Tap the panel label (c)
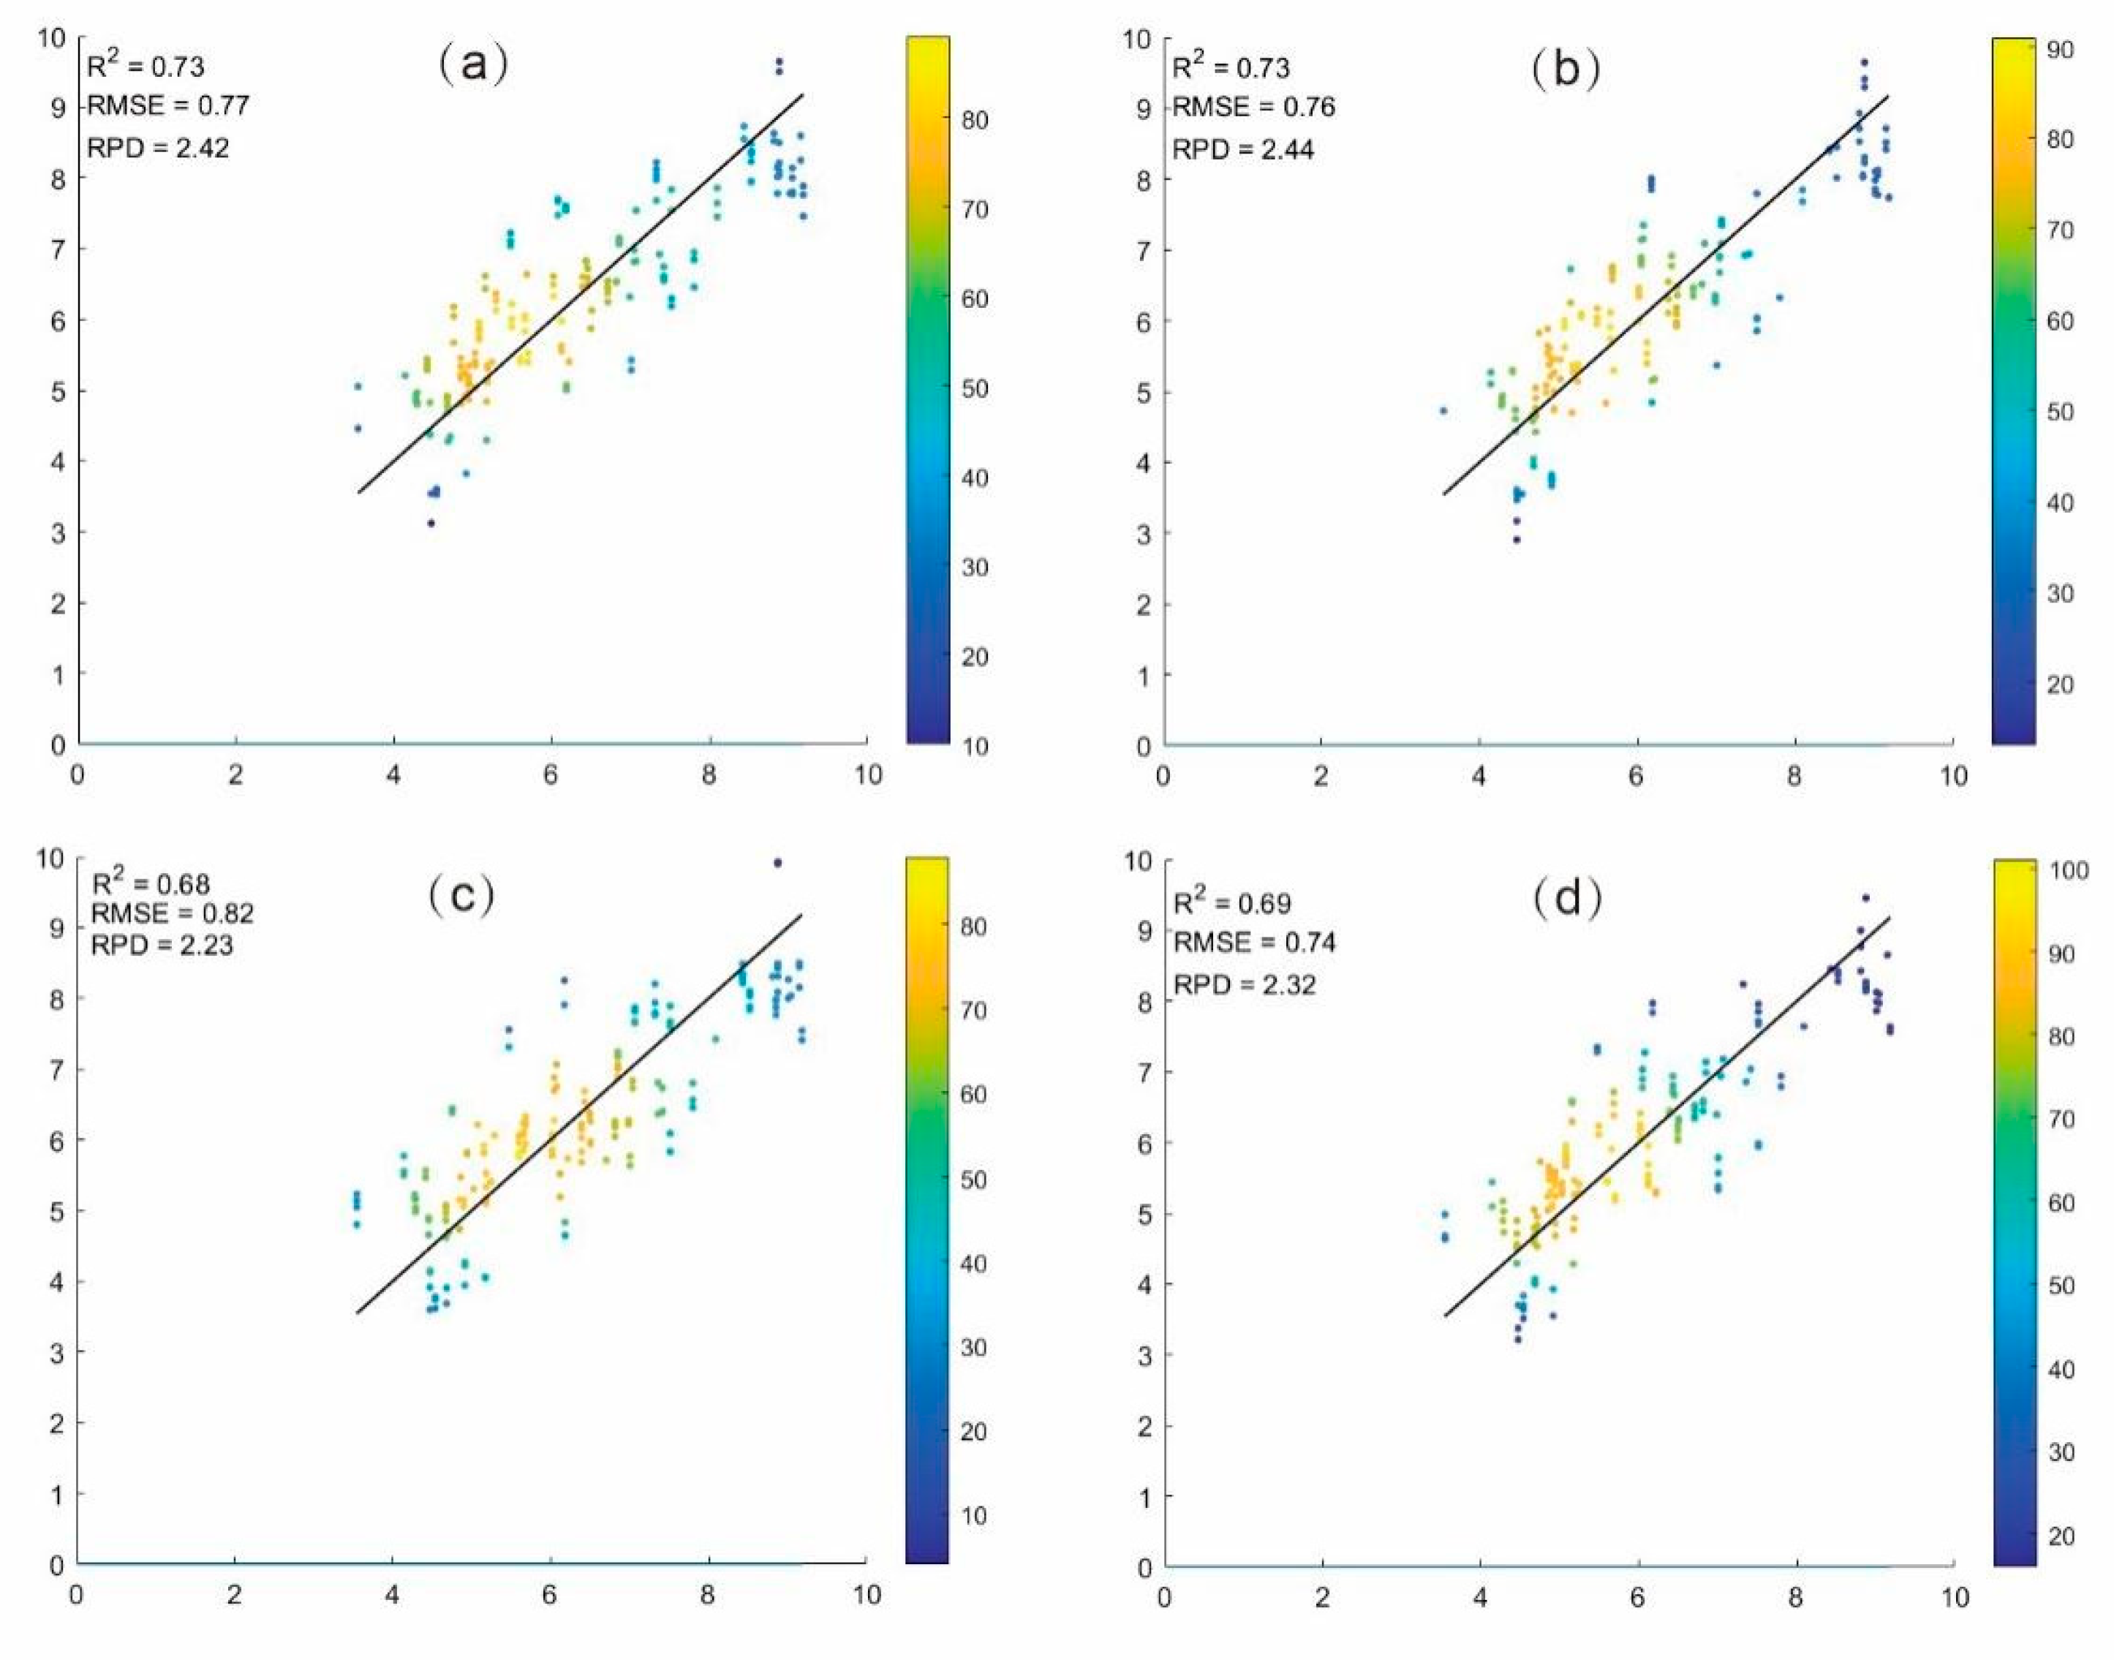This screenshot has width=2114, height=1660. [461, 895]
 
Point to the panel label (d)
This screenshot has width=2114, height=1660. [1568, 899]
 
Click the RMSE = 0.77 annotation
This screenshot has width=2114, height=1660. [168, 106]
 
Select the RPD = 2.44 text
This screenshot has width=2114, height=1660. [1243, 150]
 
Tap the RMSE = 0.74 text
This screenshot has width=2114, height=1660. [1255, 942]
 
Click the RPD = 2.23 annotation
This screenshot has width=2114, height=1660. [162, 946]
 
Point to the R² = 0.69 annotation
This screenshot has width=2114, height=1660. [1232, 903]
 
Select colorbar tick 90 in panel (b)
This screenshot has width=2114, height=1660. [2058, 50]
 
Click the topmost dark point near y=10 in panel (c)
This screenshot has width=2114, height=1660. [777, 862]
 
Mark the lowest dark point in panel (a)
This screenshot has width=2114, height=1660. [431, 523]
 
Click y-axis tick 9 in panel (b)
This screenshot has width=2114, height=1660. [1143, 109]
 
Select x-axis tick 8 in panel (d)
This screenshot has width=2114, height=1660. [1795, 1597]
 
